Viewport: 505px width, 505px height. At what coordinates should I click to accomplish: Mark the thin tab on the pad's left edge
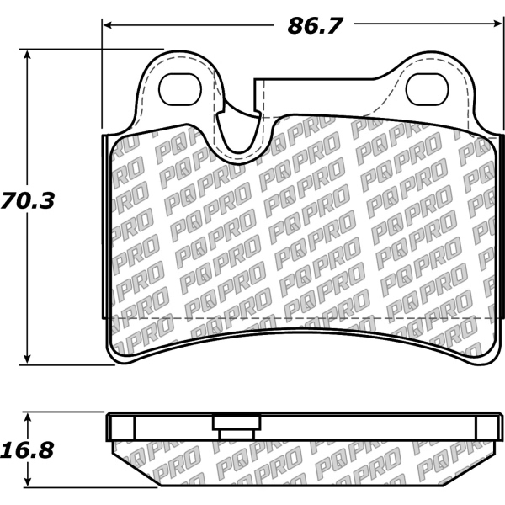pos(104,227)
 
